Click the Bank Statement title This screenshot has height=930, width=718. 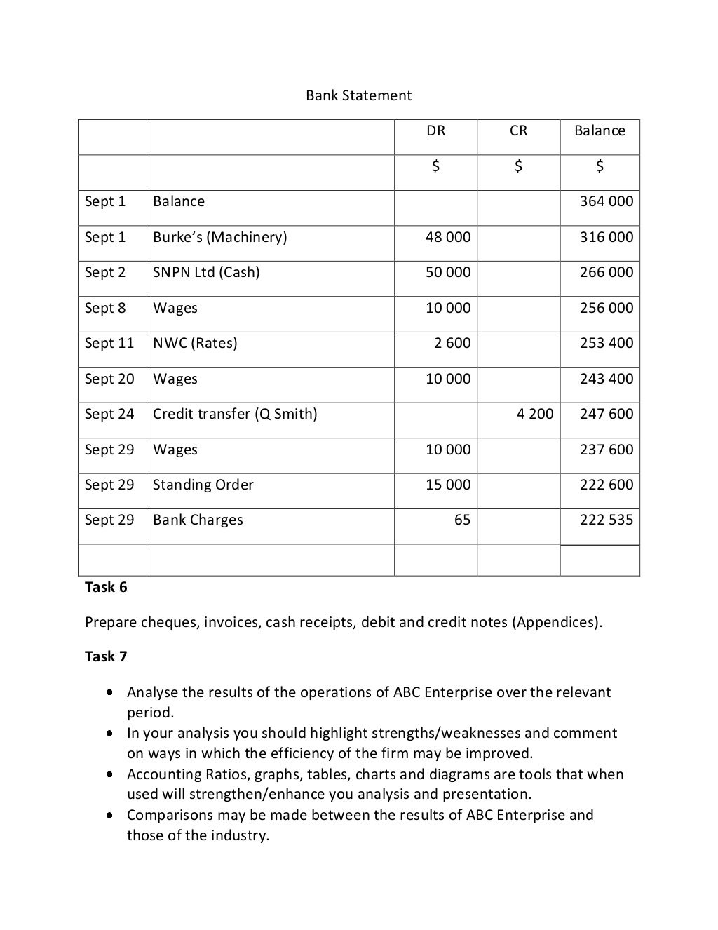[x=358, y=95]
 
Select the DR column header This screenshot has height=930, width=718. [x=435, y=130]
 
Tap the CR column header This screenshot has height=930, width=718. [x=518, y=130]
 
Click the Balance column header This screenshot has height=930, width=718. [x=600, y=130]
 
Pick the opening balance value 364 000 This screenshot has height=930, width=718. [x=606, y=201]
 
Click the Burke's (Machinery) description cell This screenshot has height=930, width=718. [x=220, y=237]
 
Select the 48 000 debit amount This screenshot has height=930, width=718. [x=448, y=237]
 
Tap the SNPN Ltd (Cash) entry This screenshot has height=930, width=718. [x=206, y=272]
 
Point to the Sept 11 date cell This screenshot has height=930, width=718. [x=109, y=343]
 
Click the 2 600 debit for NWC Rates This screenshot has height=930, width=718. [x=452, y=343]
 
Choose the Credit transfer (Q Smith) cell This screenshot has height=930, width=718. [x=235, y=414]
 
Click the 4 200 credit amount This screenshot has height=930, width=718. [x=535, y=414]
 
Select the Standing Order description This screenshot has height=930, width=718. [x=203, y=485]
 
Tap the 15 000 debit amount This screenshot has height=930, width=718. [x=448, y=485]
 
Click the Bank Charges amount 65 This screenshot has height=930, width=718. [x=462, y=520]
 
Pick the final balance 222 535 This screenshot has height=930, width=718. [x=606, y=520]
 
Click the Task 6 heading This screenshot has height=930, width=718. [x=106, y=587]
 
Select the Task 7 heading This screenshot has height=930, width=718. [x=106, y=656]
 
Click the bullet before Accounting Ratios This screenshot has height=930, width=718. [x=111, y=774]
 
